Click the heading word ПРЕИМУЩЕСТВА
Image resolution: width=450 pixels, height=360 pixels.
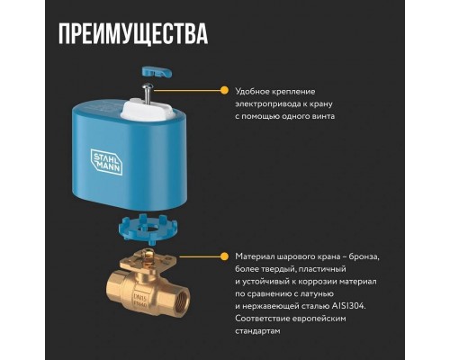133,33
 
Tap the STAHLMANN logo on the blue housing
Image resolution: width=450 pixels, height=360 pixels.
106,161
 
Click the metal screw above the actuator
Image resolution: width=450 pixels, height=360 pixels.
148,94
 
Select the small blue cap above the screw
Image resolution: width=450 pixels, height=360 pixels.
156,72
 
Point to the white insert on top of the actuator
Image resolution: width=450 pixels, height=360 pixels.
147,111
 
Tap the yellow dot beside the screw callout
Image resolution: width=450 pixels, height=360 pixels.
224,90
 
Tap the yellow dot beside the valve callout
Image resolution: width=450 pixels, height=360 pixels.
224,256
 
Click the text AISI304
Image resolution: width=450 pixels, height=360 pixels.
348,306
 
